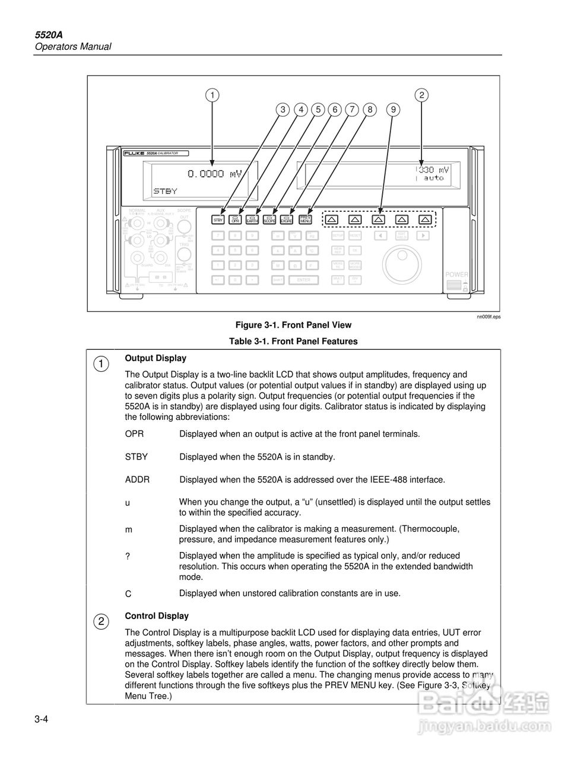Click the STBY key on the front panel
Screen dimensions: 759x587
(218, 219)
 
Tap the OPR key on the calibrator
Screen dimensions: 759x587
(236, 219)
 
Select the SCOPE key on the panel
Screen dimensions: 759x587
(269, 219)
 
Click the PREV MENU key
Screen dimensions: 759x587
(306, 219)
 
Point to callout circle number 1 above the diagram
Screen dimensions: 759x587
(212, 95)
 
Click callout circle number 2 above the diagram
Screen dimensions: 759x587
(421, 95)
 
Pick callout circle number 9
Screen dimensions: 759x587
(393, 109)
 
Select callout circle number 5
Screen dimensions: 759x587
(318, 109)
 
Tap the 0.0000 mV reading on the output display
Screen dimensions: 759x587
(214, 174)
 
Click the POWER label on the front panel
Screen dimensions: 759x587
(457, 275)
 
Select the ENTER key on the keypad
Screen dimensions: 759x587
(303, 280)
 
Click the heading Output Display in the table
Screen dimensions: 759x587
(156, 358)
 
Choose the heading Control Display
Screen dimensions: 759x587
(157, 616)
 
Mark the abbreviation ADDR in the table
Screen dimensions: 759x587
(137, 480)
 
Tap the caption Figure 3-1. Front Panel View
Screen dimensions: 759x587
(293, 325)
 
